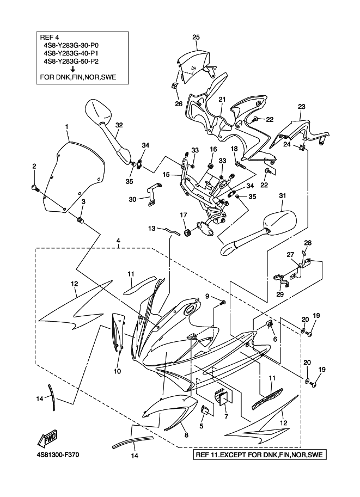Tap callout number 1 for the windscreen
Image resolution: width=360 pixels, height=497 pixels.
click(x=66, y=127)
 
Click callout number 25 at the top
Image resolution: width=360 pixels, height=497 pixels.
click(x=196, y=37)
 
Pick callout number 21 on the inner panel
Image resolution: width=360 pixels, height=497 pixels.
click(x=222, y=100)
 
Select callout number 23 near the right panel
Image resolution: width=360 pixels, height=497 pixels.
click(x=301, y=107)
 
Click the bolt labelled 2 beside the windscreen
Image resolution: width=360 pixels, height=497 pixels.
click(x=34, y=188)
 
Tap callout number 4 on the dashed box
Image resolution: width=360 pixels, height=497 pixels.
click(x=118, y=240)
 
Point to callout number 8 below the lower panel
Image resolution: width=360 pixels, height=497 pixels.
click(x=186, y=435)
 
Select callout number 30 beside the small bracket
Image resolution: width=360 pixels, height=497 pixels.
click(x=133, y=199)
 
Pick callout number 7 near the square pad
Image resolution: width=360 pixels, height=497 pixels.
click(x=226, y=416)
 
